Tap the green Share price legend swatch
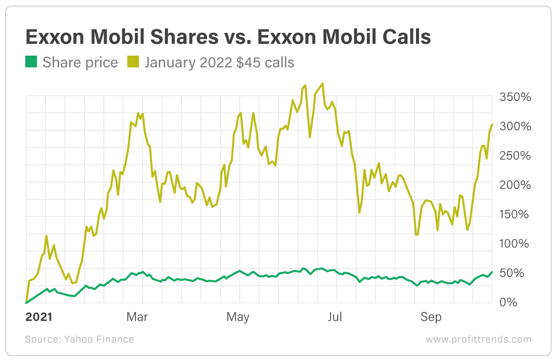(x=31, y=62)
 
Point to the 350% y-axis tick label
(x=515, y=97)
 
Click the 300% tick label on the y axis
(x=515, y=126)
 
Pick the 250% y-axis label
(x=515, y=156)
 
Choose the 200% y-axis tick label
(x=515, y=185)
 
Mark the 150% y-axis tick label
(x=515, y=214)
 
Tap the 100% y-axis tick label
(x=515, y=244)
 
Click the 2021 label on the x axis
(x=38, y=317)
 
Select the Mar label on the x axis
(x=137, y=317)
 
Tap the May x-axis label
(x=238, y=317)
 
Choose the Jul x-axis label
(x=335, y=317)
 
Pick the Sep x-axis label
(x=431, y=317)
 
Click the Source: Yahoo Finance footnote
(x=79, y=339)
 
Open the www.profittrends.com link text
(x=478, y=339)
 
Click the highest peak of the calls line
(x=322, y=83)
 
